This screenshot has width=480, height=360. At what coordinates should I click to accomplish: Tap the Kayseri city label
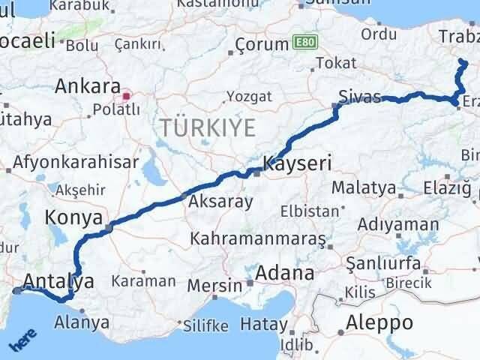(297, 163)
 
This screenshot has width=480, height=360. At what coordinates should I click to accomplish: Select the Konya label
(73, 217)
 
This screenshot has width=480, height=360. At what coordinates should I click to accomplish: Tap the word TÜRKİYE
(207, 127)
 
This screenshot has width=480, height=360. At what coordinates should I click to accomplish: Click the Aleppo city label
(375, 323)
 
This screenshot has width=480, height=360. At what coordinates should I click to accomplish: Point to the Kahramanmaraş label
(259, 238)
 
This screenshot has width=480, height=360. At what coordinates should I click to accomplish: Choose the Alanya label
(82, 323)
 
